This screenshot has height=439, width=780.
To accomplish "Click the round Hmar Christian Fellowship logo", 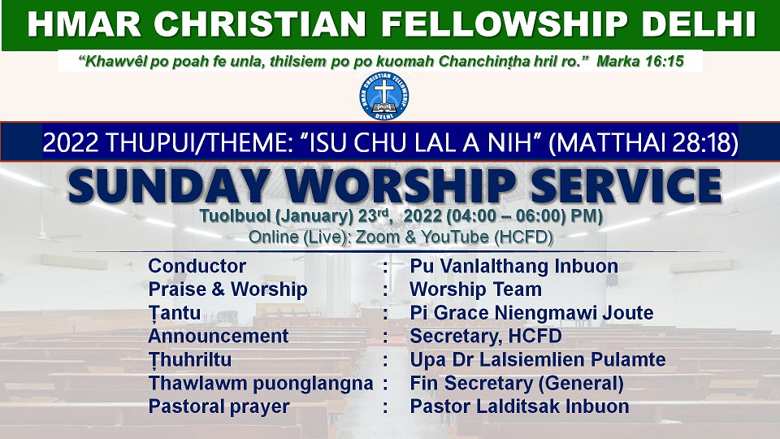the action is point(383,96).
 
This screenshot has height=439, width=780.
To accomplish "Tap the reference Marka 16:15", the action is point(640,61).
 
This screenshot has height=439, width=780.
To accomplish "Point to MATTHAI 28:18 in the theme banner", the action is point(643,143).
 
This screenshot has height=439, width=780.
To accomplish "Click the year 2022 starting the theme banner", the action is point(71,143).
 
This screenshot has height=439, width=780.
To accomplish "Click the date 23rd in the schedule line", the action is point(373,215).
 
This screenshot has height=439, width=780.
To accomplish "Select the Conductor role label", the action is point(197,266).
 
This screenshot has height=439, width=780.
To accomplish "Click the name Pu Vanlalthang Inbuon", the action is point(513,266).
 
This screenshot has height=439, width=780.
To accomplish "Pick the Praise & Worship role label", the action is point(227,289).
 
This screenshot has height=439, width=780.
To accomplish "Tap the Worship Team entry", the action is point(475,289).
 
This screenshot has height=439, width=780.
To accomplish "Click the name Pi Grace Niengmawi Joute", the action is point(531,312).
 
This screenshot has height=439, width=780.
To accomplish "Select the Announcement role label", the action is point(219,336).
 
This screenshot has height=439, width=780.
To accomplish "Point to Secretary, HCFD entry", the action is point(486,336).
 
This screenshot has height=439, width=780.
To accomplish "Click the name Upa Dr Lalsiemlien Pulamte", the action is point(538,359).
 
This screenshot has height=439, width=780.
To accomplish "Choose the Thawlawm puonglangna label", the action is point(261,383).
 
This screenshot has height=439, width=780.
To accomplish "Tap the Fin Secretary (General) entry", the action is point(517,383).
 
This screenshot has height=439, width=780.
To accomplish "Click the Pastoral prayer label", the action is point(219,406).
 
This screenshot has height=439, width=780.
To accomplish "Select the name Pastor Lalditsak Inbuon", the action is point(519,406).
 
